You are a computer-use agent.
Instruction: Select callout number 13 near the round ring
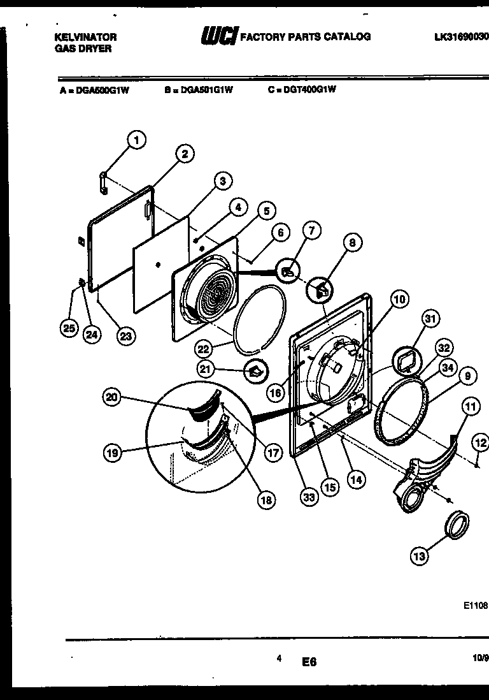(419, 557)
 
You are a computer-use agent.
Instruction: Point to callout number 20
(112, 397)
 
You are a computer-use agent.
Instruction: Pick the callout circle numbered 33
(309, 499)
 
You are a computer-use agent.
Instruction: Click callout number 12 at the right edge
(480, 442)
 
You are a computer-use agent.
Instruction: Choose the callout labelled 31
(432, 319)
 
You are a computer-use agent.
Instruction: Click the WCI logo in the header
(218, 37)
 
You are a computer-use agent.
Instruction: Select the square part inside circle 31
(406, 362)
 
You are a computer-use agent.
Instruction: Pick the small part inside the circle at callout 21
(255, 371)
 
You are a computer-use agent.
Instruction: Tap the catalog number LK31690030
(461, 37)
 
